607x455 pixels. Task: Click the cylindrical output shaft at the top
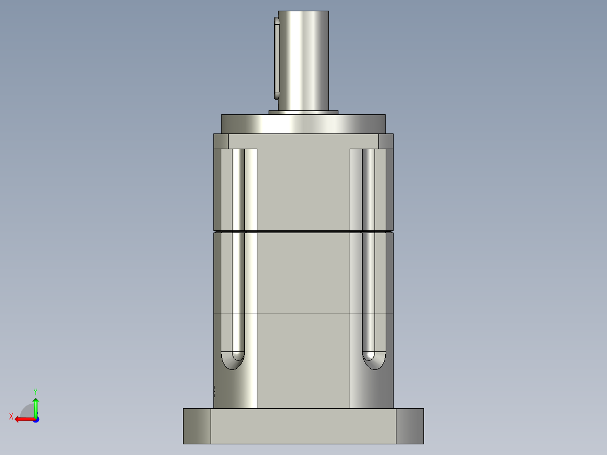[303, 59]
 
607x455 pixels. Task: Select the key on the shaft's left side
[276, 56]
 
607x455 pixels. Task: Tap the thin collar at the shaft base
[303, 113]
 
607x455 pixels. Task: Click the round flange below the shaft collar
[303, 124]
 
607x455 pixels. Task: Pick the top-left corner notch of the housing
[221, 141]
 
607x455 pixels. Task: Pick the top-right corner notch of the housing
[386, 141]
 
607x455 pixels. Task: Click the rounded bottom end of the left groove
[233, 360]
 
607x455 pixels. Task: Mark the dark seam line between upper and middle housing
[303, 231]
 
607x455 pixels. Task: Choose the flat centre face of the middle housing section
[303, 273]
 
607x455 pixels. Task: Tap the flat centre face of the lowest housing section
[303, 360]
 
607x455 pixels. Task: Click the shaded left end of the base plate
[197, 426]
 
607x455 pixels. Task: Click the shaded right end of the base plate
[409, 426]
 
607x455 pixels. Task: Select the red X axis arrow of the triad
[23, 419]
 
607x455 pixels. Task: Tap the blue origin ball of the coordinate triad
[35, 419]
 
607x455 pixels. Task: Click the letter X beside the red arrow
[11, 416]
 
